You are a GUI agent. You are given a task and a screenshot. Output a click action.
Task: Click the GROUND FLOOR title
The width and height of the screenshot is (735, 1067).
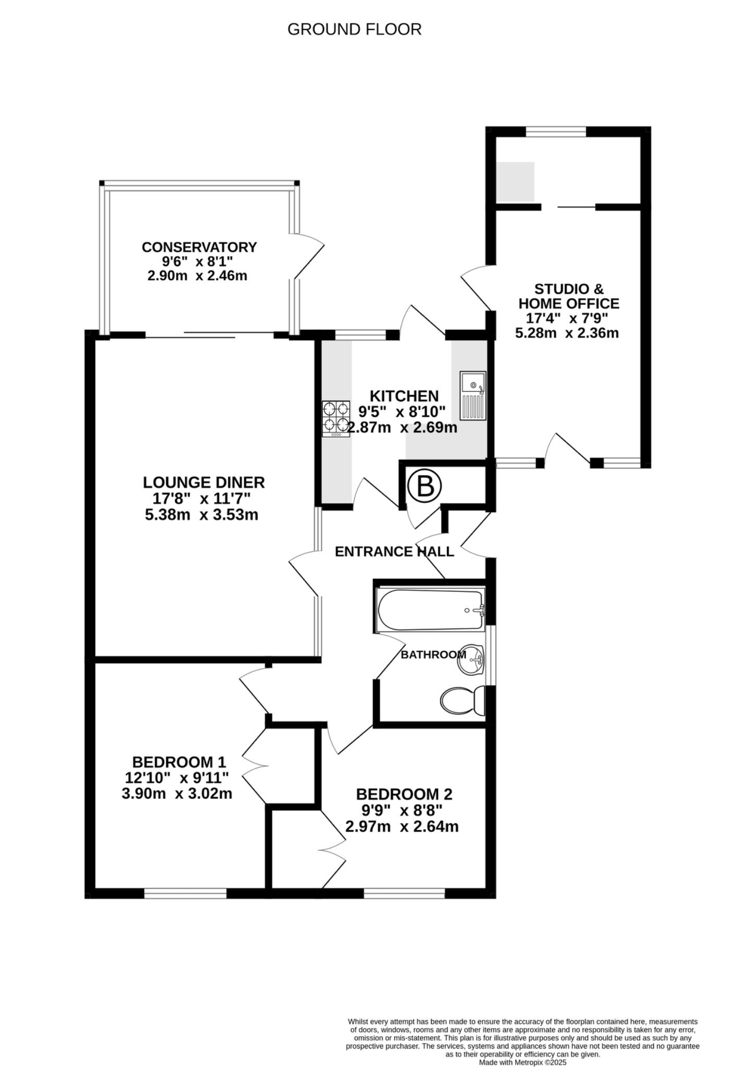[x=354, y=30]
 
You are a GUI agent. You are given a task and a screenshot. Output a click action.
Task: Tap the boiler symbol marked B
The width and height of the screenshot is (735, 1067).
[x=424, y=487]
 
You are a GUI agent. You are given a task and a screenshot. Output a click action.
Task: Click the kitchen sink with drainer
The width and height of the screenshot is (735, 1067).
[x=472, y=395]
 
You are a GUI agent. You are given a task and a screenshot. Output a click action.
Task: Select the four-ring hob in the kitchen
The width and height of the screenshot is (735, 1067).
[x=335, y=418]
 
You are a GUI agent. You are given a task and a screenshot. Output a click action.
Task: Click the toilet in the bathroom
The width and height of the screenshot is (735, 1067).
[x=462, y=700]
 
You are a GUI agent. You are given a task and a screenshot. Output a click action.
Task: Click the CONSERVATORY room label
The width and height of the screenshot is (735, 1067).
[x=199, y=247]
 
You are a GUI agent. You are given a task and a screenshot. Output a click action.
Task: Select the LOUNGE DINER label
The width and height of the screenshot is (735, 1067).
[x=204, y=482]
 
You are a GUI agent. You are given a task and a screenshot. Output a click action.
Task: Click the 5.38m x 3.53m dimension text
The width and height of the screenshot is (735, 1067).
[x=202, y=515]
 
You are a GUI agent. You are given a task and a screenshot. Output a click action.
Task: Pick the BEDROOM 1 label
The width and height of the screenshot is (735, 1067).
[x=179, y=762]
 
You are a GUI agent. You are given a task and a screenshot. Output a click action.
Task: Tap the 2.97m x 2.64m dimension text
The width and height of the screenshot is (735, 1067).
[x=402, y=826]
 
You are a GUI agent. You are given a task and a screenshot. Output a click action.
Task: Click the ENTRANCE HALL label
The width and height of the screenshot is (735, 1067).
[x=394, y=551]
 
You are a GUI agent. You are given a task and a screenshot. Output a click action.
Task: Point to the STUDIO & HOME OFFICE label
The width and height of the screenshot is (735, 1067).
[x=568, y=296]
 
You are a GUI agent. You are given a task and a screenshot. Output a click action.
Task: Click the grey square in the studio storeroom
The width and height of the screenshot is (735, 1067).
[x=515, y=181]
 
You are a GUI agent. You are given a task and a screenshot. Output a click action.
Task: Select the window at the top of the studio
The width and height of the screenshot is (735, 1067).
[x=555, y=132]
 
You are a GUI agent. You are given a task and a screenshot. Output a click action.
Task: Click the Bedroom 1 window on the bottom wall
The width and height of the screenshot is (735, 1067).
[x=185, y=894]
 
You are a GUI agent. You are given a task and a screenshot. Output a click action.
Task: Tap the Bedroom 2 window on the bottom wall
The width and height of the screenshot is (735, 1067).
[x=404, y=894]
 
